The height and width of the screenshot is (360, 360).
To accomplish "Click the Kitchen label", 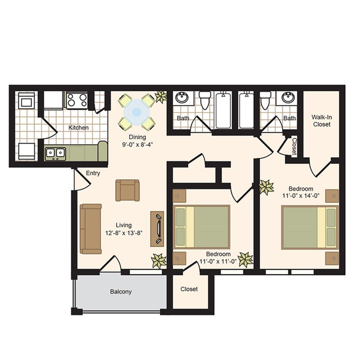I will (78, 128).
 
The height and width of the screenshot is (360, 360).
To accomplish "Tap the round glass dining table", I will (136, 110).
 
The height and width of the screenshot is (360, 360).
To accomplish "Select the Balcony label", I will (121, 292).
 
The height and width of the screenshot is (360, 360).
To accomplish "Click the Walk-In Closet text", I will (321, 121).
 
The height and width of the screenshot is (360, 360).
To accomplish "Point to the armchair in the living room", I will (127, 190).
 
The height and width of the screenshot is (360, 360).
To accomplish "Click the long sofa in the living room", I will (90, 229).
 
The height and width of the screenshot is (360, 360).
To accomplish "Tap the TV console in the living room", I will (157, 229).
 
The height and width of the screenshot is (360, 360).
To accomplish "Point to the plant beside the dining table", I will (161, 97).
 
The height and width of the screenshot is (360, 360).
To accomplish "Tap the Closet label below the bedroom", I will (189, 289).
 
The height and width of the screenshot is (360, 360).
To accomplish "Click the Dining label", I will (135, 137).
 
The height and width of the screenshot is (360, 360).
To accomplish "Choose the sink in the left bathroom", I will (182, 98).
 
